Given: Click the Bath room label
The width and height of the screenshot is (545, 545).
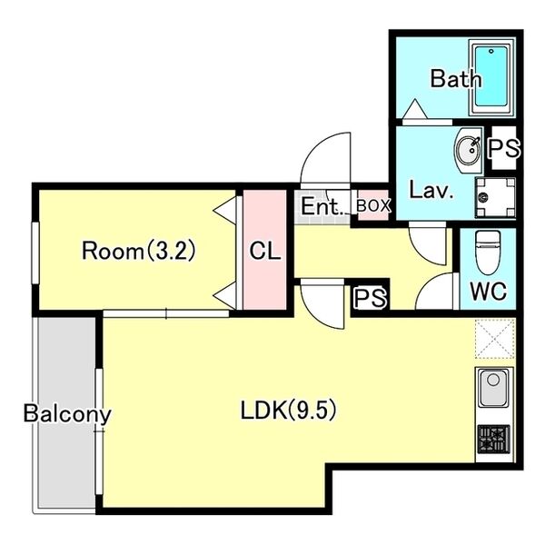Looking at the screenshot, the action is click(x=456, y=79).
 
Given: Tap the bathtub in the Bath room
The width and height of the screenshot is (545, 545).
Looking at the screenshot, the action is click(x=491, y=77).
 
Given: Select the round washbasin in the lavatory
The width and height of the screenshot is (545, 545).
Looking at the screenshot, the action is click(x=468, y=151).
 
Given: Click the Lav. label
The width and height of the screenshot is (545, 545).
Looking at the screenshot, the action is click(x=431, y=191).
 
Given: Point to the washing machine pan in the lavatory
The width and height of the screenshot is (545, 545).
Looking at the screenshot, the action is click(x=495, y=197).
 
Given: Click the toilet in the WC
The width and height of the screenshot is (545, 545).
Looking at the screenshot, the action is click(x=488, y=253).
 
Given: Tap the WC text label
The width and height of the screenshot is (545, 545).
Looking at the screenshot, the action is click(x=488, y=291).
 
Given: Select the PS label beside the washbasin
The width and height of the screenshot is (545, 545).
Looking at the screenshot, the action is click(x=504, y=148).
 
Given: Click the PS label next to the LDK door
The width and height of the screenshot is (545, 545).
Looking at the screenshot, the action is click(x=370, y=298).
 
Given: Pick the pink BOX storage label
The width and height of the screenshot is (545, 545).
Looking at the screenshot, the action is click(x=373, y=206).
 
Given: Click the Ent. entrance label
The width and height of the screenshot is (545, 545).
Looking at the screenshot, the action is click(x=322, y=206).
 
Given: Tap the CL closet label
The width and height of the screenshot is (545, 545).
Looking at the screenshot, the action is click(x=265, y=251).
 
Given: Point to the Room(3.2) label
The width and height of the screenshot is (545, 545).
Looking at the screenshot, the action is click(x=139, y=251).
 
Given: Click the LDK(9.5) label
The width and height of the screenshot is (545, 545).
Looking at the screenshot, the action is click(x=289, y=411).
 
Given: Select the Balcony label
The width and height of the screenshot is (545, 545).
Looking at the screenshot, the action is click(x=67, y=415).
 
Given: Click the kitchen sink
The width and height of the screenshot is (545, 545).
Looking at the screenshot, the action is click(x=493, y=388).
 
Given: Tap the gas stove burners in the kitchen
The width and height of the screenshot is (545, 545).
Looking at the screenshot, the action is click(x=493, y=439).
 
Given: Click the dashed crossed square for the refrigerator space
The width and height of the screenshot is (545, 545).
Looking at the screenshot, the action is click(x=495, y=338).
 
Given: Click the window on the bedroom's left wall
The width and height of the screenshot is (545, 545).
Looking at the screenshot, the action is click(x=35, y=253).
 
